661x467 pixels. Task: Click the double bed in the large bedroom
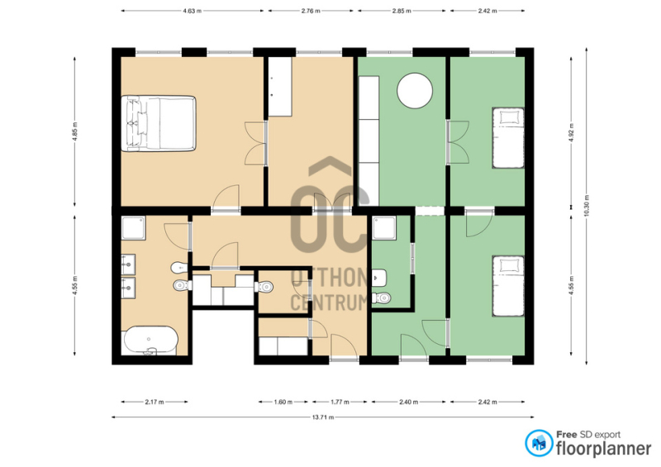(159, 123)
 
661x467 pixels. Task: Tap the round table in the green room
(415, 91)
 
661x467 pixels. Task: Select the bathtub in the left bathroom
(150, 340)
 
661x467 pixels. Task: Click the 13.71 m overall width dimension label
(323, 417)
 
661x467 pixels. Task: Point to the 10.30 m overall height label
(587, 206)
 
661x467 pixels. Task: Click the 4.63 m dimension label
(193, 11)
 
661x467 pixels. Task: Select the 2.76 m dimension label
(311, 11)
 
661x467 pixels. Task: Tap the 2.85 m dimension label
(402, 11)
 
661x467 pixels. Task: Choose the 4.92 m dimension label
(572, 131)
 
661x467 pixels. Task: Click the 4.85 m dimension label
(75, 131)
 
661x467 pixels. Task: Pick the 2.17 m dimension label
(155, 402)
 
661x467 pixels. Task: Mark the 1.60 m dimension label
(283, 402)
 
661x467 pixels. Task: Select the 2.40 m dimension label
(408, 402)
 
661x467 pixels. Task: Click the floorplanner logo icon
(539, 443)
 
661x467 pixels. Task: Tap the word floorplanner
(604, 449)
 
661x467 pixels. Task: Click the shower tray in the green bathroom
(384, 228)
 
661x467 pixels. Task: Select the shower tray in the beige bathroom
(134, 228)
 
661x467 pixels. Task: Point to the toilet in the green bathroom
(382, 298)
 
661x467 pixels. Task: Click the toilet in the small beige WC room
(264, 287)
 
